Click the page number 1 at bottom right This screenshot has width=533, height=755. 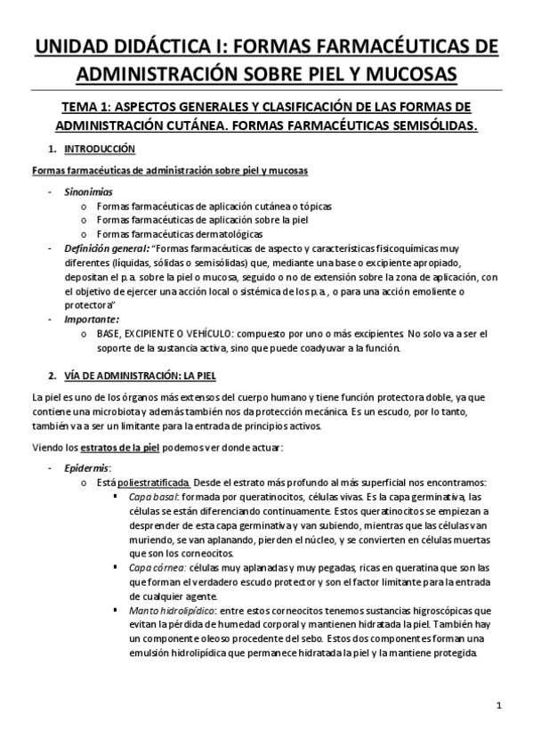pyautogui.click(x=501, y=707)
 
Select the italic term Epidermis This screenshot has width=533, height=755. pyautogui.click(x=86, y=467)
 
